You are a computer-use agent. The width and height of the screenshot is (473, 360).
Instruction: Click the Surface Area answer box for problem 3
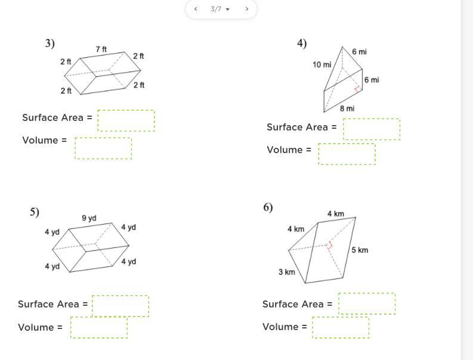pos(126,120)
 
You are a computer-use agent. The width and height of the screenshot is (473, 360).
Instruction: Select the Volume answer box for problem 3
pos(103,148)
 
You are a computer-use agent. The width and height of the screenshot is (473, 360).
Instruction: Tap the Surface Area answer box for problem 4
pos(372,129)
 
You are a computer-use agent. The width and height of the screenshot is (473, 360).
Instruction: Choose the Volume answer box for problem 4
pos(347,154)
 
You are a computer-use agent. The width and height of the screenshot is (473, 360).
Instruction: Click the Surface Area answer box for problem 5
pos(120,306)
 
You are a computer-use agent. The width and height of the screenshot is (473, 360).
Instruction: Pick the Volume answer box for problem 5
pos(99,327)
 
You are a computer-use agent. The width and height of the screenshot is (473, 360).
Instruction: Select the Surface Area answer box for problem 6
pos(367,303)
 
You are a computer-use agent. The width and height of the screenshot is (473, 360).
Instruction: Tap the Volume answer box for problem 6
pos(341,327)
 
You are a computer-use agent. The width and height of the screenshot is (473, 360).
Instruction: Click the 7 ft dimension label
pos(101,49)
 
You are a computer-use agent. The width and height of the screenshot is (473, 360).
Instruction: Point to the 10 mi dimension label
pos(322,64)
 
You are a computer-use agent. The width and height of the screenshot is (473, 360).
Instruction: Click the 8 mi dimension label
pos(347,108)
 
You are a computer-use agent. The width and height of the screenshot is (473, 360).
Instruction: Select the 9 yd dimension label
pos(89,218)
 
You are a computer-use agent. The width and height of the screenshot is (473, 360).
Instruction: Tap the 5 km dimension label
pos(360,250)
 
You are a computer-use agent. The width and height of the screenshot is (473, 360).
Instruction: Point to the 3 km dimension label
pos(286,272)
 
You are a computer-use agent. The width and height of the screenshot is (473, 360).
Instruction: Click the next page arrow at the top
pos(247,9)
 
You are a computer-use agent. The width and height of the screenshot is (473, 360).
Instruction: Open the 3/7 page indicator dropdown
pos(220,9)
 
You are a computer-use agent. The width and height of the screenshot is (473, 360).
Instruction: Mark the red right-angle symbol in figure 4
pos(358,89)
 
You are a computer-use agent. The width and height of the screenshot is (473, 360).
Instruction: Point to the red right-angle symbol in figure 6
pos(329,246)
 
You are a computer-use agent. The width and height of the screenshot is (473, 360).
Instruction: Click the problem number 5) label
pos(35,212)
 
